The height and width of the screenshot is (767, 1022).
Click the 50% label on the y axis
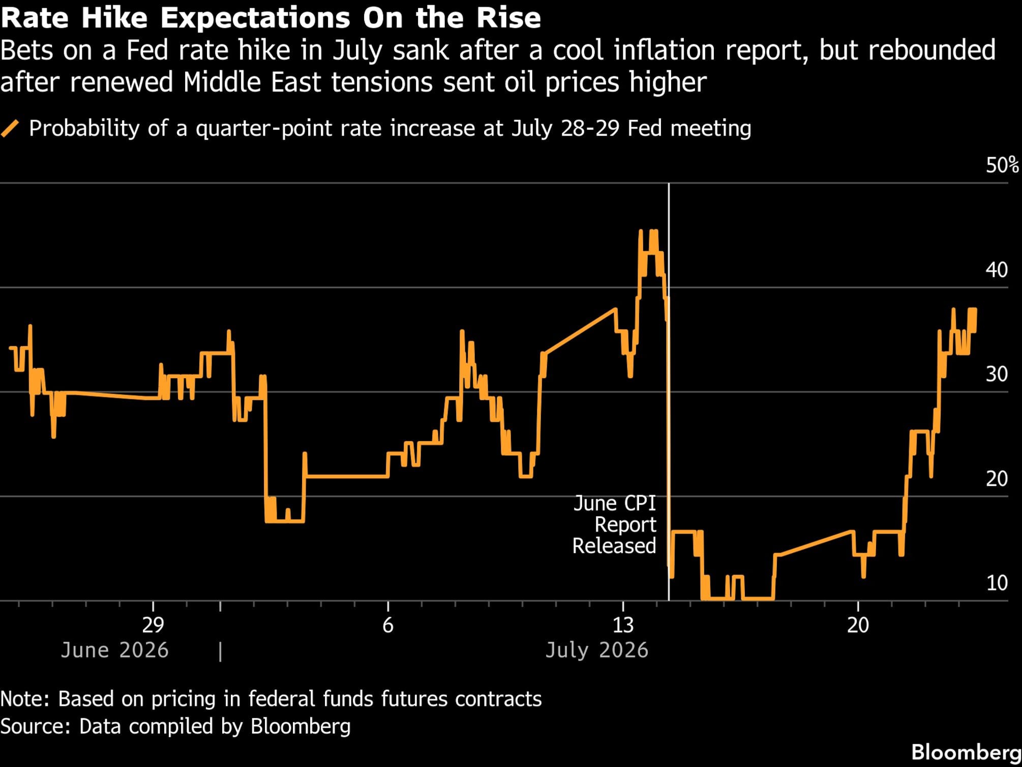pos(1002,166)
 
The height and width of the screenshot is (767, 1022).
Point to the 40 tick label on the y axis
pos(997,270)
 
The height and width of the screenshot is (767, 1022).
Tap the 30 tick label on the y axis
pos(997,374)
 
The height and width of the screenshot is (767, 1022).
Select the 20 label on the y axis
pos(997,479)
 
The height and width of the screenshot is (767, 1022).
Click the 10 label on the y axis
pos(997,583)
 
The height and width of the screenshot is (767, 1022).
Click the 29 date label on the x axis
pos(153,625)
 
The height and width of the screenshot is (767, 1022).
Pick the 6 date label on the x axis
pos(388,625)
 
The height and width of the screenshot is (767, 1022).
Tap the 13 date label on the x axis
pos(623,625)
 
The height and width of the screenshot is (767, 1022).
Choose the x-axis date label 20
pos(858,625)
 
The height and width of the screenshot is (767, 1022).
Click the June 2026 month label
pos(114,651)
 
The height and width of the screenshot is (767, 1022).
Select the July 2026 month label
pos(597,651)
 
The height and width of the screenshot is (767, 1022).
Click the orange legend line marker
pos(10,129)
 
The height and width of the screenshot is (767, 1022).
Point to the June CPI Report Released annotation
pos(614,525)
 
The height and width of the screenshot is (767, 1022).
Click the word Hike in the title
pos(114,18)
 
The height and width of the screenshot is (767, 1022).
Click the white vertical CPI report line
pos(669,392)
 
